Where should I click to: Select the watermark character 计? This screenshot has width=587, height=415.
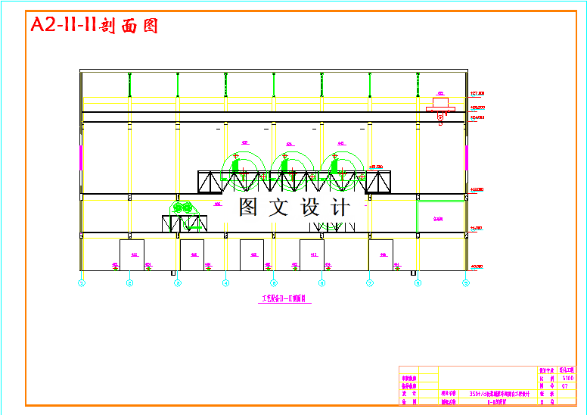point(340,207)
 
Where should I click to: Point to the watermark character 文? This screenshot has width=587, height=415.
point(278,207)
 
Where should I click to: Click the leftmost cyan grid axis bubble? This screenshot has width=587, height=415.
point(82,283)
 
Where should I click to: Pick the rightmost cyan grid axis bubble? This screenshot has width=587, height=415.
point(467,283)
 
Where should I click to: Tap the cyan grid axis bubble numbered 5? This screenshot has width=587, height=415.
point(274,283)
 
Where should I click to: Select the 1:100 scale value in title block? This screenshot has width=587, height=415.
point(567,378)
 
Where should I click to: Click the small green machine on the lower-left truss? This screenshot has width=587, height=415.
point(182,207)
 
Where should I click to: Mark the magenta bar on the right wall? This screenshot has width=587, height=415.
point(467,158)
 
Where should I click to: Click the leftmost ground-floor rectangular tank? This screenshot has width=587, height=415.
point(132,254)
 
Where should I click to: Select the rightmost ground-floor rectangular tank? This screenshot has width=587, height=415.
point(380,254)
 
